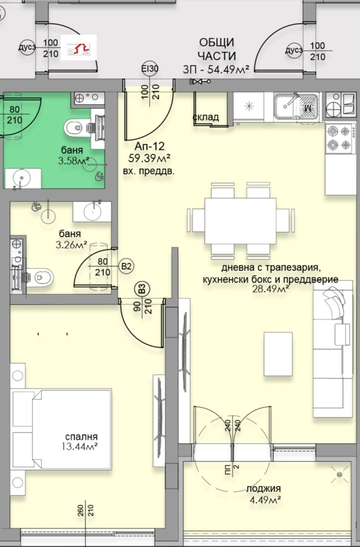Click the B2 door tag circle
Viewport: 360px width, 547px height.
click(x=127, y=266)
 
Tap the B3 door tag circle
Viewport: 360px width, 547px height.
click(x=142, y=288)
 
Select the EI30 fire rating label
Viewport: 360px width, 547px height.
click(x=149, y=68)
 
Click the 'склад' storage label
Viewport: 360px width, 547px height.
click(x=206, y=117)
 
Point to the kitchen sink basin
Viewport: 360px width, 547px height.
click(x=286, y=107)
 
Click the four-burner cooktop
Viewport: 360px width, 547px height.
click(x=339, y=138)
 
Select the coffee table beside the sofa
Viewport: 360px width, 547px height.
click(x=278, y=354)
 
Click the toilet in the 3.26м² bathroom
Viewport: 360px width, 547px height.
click(x=41, y=276)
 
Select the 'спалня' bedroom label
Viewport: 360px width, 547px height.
click(x=81, y=437)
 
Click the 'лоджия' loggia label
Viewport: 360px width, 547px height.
click(x=264, y=489)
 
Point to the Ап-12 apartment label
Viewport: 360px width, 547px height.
click(x=149, y=146)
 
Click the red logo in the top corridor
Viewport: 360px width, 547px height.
click(x=79, y=47)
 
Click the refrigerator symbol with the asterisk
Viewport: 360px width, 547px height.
click(x=250, y=107)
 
